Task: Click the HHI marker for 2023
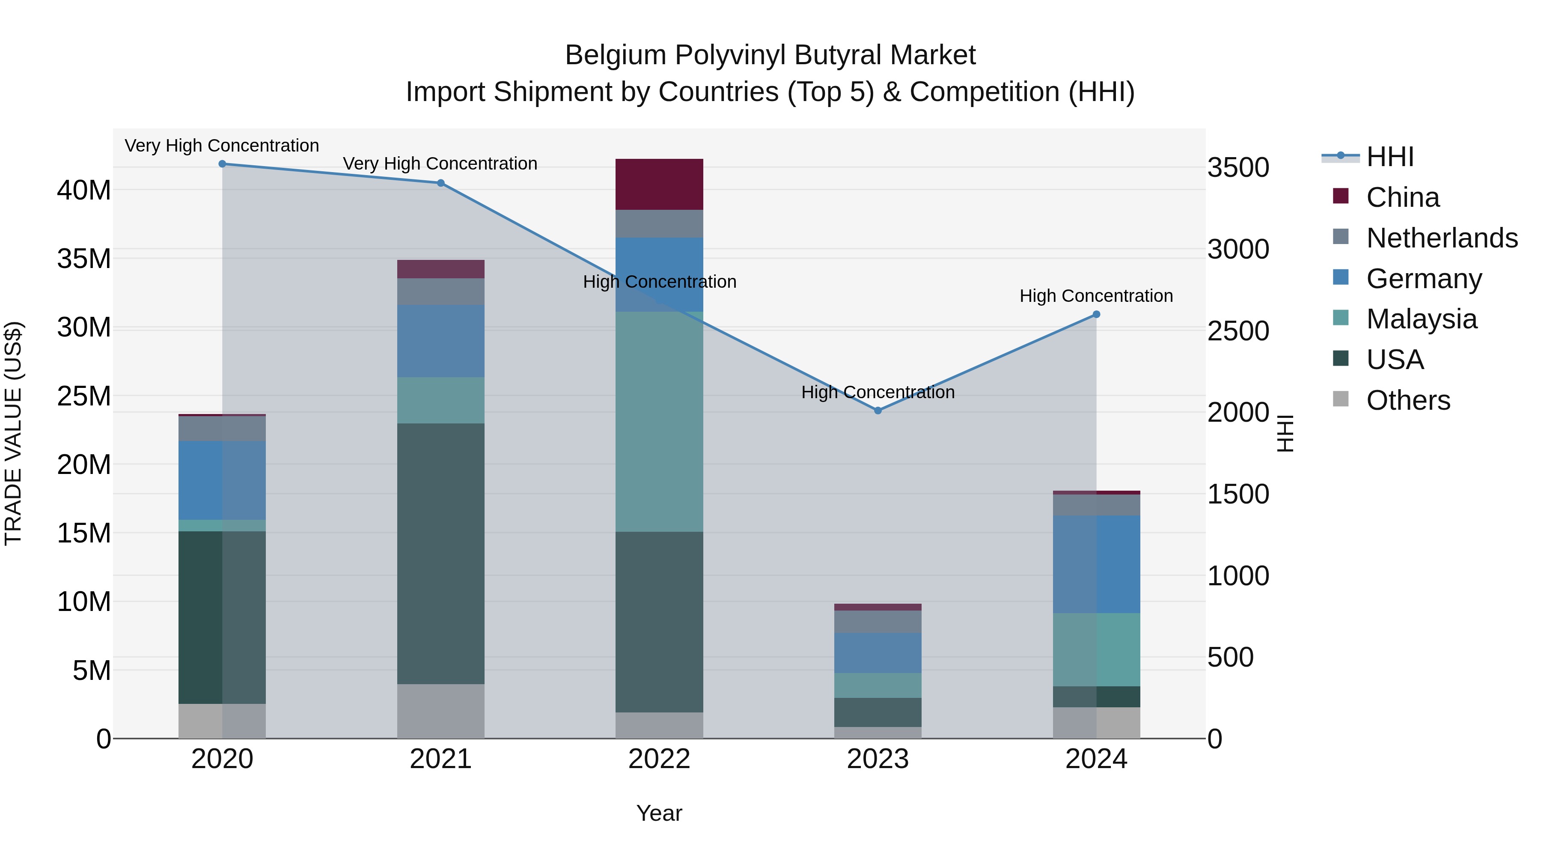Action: [878, 411]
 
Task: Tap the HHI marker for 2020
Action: [222, 164]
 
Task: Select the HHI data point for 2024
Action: [1096, 314]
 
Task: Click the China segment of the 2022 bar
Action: [659, 184]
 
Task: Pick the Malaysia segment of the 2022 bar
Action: [659, 421]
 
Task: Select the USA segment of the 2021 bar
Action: [441, 554]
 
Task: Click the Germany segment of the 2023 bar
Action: [878, 653]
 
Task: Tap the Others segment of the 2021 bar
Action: [441, 711]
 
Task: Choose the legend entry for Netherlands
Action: [1442, 238]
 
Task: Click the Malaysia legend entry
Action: [1421, 319]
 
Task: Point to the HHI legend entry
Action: [1389, 157]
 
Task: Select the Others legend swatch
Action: [1341, 399]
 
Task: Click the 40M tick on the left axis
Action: [84, 190]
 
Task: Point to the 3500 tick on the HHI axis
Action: [1238, 167]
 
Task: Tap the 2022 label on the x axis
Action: [659, 759]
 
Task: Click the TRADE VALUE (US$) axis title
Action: [14, 433]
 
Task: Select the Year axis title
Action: [659, 813]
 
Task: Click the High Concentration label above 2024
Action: [1096, 295]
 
